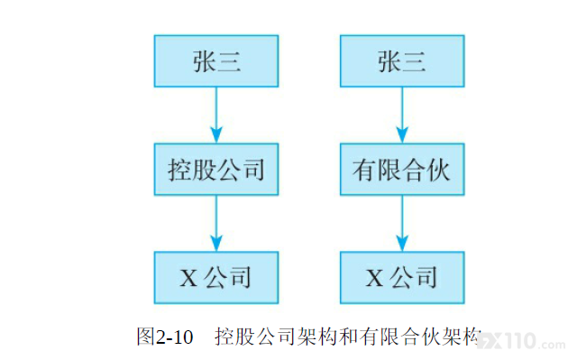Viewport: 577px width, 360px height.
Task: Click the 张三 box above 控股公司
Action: pos(216,61)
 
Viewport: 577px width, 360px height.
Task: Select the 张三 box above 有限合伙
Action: pos(402,61)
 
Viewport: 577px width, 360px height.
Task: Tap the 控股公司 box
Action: pos(216,170)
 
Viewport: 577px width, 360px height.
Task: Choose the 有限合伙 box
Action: pos(402,170)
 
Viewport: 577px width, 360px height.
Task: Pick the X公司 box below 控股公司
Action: pos(216,278)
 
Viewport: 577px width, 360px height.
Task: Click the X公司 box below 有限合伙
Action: pos(402,278)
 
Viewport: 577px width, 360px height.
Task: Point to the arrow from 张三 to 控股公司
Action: pos(216,115)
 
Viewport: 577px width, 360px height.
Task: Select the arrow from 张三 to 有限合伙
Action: pos(402,115)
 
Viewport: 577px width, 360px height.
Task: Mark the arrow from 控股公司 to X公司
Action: pos(216,223)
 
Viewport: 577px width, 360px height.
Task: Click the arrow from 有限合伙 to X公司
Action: pos(402,223)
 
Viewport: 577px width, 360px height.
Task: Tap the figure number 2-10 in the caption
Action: pos(174,337)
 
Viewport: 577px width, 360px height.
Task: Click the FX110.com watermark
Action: pos(522,341)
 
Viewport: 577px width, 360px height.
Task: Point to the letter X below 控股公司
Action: pos(188,278)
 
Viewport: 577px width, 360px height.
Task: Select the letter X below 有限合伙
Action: pos(375,278)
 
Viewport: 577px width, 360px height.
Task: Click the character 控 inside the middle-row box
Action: pos(180,170)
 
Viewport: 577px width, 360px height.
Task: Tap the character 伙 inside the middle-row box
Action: pos(438,170)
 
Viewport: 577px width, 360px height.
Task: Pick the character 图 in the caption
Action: pos(146,337)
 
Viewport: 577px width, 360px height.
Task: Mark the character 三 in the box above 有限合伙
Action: pos(415,61)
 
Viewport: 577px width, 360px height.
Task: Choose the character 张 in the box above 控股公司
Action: pos(205,61)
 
